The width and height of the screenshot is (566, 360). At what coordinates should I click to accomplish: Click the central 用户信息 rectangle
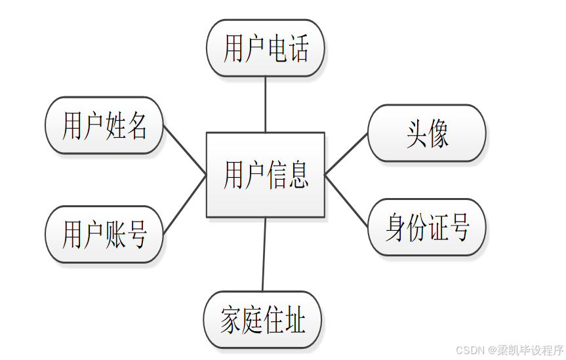(x=265, y=174)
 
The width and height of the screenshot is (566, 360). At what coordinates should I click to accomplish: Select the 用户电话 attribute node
(x=265, y=48)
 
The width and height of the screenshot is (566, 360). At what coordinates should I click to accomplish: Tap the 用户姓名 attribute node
(x=104, y=125)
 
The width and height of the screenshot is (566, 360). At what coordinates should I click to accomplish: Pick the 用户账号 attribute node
(x=104, y=234)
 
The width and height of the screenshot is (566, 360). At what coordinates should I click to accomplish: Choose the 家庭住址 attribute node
(x=263, y=320)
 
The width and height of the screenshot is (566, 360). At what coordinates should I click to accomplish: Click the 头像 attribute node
(x=426, y=133)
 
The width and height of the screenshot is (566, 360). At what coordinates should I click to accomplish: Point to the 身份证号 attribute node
(x=426, y=227)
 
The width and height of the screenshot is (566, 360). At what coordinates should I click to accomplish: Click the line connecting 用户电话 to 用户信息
(x=265, y=104)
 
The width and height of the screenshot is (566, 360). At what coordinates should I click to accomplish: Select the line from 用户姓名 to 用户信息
(x=185, y=150)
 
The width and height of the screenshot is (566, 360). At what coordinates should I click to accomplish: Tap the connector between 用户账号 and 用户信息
(x=185, y=204)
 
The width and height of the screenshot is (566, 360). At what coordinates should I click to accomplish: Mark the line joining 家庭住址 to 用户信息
(x=264, y=254)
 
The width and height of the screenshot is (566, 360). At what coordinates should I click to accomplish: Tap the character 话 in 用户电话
(x=296, y=49)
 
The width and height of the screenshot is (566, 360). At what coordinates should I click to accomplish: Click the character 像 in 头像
(x=438, y=134)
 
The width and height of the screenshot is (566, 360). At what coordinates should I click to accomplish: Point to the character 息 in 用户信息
(x=297, y=175)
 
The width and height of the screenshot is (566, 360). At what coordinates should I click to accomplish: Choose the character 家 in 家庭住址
(x=231, y=321)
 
